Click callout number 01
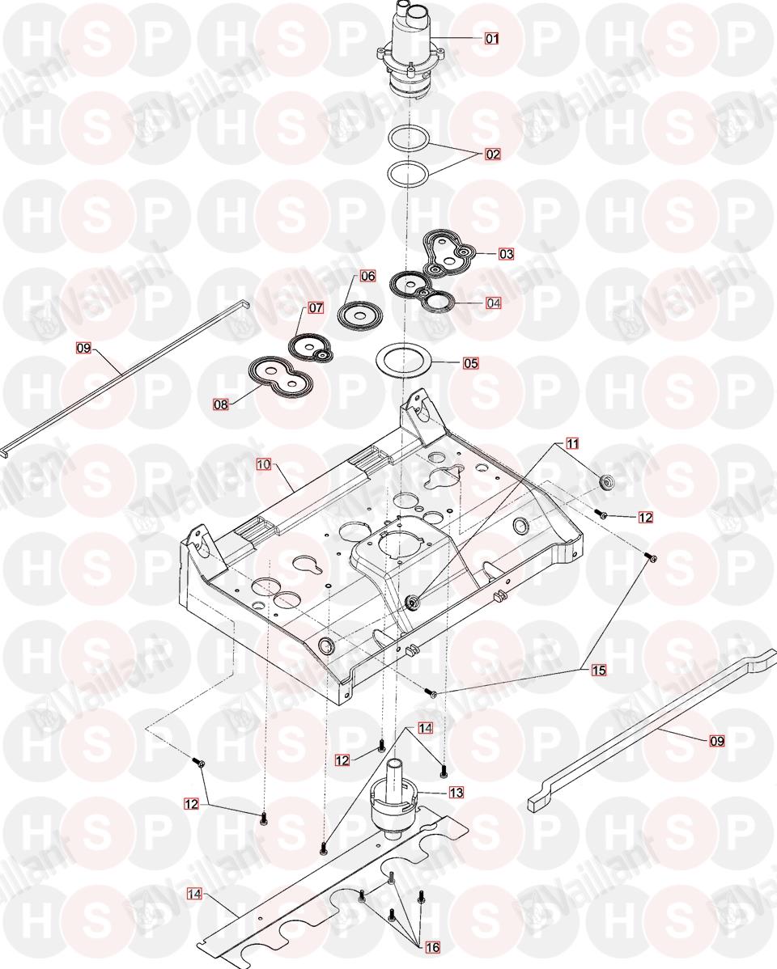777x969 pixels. point(492,38)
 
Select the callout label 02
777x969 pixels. point(493,154)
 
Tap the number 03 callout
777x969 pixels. point(507,253)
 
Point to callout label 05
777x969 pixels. point(471,362)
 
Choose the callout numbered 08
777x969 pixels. point(221,404)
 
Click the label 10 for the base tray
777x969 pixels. point(264,464)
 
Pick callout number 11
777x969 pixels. point(573,444)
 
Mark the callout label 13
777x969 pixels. point(456,792)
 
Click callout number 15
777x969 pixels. point(599,670)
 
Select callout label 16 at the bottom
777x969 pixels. point(432,946)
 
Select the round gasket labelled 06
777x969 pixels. point(360,313)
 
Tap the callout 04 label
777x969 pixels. point(494,303)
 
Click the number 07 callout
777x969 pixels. point(316,307)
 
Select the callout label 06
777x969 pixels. point(368,277)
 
